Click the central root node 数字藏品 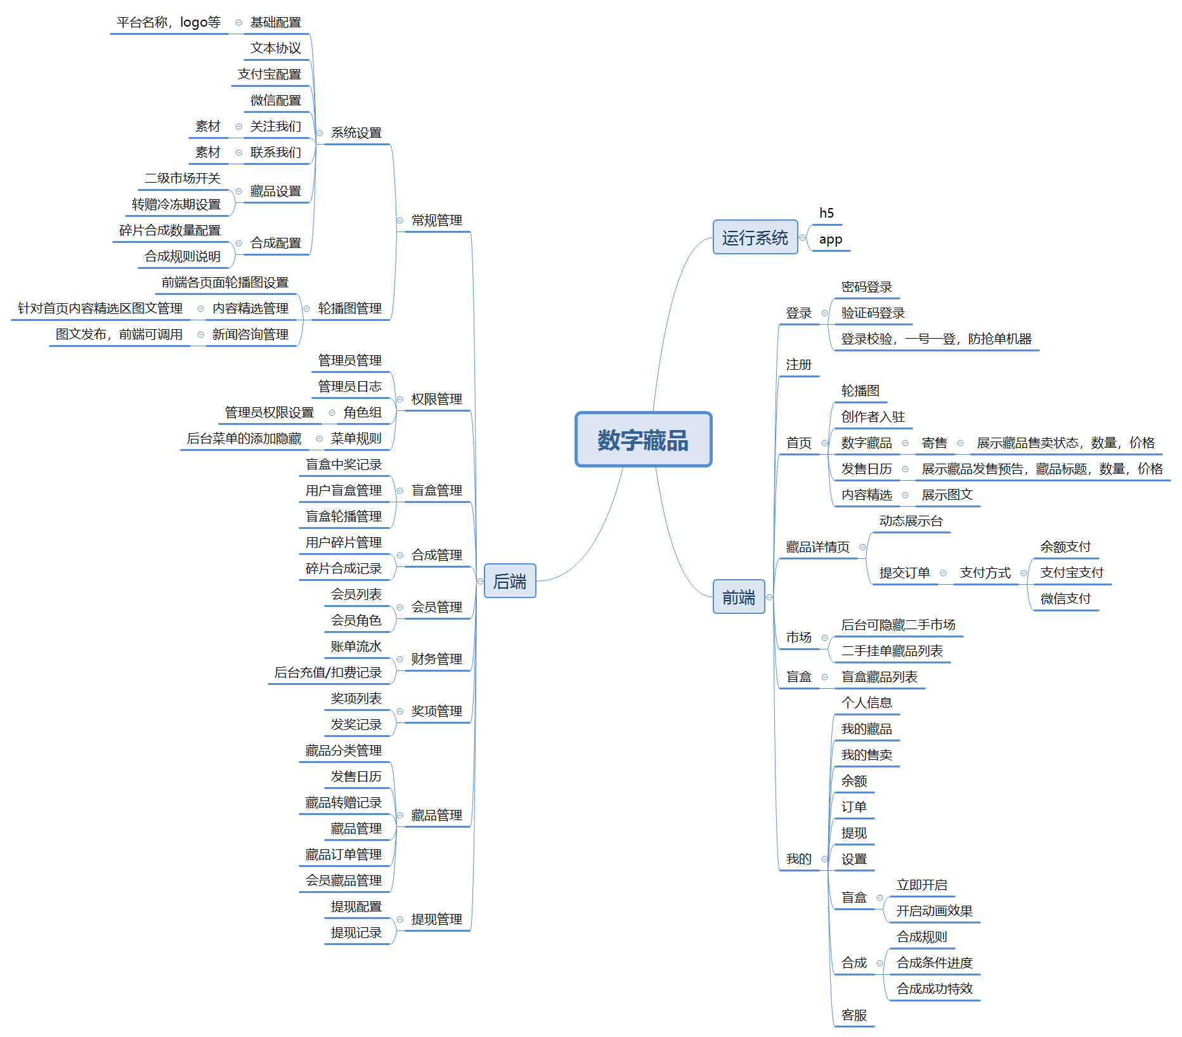coord(643,440)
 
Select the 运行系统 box coord(755,237)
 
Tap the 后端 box coord(510,581)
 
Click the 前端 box coord(739,597)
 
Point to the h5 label coord(826,213)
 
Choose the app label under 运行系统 coord(831,239)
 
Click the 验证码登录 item coord(873,313)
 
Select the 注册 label coord(798,365)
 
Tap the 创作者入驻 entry coord(873,417)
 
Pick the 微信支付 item coord(1065,598)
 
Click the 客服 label coord(854,1015)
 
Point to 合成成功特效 coord(934,988)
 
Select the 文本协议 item coord(275,48)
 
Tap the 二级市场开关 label coord(183,178)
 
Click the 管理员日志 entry coord(349,386)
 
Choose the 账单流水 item coord(356,646)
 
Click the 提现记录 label coord(356,932)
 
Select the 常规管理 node coord(436,220)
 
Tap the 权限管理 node coord(436,399)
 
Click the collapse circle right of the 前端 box coord(769,597)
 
